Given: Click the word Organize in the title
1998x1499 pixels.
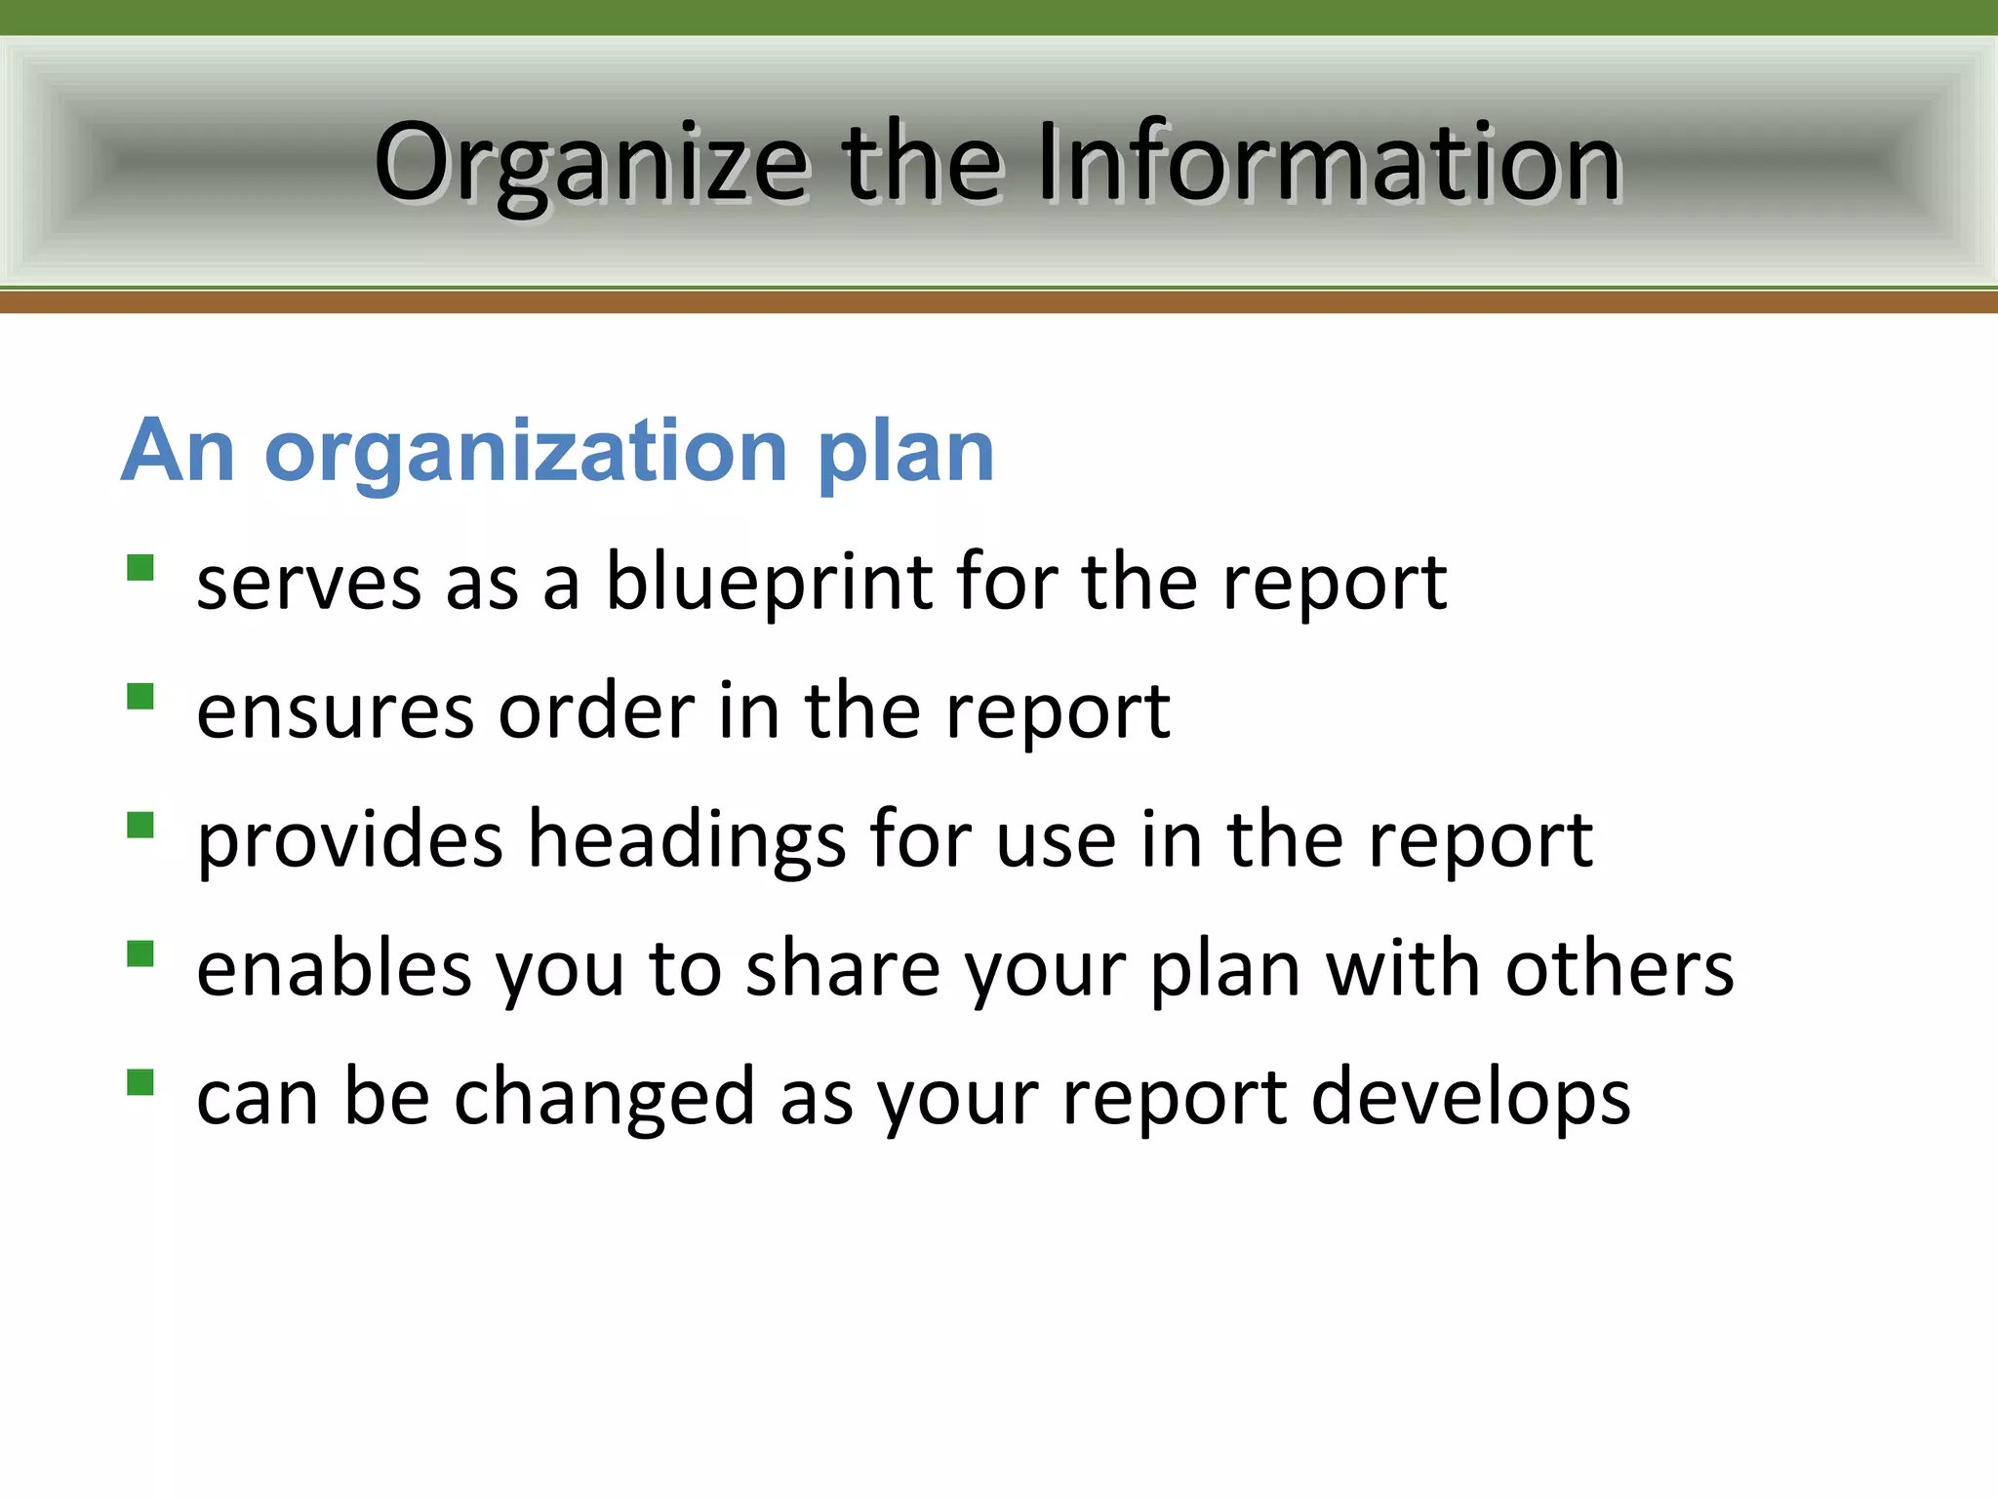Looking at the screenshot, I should point(590,164).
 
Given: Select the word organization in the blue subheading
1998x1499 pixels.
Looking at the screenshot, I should point(526,452).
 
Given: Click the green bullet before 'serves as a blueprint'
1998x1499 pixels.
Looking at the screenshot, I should point(140,567).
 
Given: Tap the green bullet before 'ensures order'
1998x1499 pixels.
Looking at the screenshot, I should point(140,696).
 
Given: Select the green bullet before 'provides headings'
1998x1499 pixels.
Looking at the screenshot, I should point(140,825).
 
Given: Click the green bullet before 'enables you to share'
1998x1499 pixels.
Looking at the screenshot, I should point(140,952).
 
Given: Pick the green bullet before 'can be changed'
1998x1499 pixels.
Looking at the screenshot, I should point(140,1082).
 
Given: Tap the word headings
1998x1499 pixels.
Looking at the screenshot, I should point(687,840).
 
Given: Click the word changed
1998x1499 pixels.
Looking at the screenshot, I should point(605,1099).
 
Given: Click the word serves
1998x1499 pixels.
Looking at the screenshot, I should point(308,584).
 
